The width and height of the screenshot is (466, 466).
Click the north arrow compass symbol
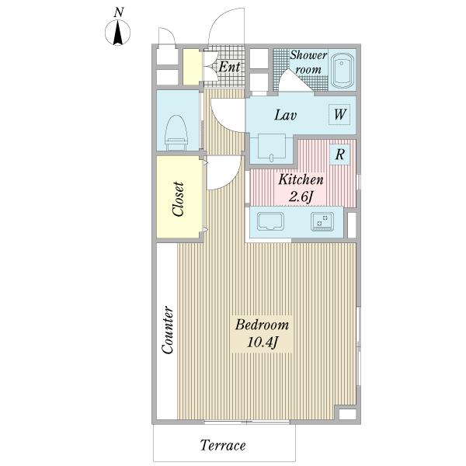point(118,33)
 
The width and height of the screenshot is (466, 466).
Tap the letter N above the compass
point(119,12)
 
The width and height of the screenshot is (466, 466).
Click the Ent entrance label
point(229,67)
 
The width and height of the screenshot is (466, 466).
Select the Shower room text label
point(308,62)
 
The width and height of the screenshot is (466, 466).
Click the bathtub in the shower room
point(342,71)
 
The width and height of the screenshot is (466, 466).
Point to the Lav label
point(285,115)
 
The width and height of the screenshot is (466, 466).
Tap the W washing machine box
point(339,114)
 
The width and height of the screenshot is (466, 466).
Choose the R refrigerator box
point(339,155)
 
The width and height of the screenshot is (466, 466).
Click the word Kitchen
point(301,179)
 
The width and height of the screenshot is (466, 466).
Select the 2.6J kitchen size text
point(301,196)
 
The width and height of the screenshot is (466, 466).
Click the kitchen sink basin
point(270,221)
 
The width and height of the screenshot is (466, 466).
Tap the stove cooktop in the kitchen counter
point(322,221)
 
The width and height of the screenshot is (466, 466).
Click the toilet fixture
point(176,133)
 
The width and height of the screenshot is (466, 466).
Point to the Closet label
point(178,199)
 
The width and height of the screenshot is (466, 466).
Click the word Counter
point(167,330)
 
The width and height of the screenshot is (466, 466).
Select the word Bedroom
point(263,325)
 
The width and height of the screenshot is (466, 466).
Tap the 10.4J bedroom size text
point(263,343)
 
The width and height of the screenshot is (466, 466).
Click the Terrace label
point(223,445)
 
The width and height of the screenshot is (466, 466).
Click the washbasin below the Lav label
point(272,146)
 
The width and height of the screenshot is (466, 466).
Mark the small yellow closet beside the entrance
point(192,67)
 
